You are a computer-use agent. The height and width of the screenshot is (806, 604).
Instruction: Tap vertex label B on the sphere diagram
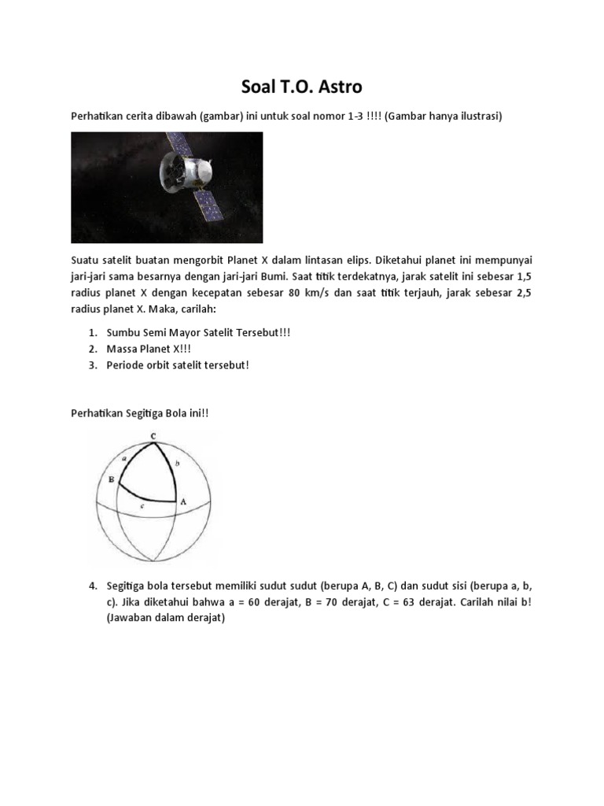pos(112,479)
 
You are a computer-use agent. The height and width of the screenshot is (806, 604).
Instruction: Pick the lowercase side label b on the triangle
pos(177,465)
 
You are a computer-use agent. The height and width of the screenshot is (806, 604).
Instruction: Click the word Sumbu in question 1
pos(125,332)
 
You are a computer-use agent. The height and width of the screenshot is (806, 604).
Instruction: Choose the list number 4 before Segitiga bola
pos(92,586)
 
